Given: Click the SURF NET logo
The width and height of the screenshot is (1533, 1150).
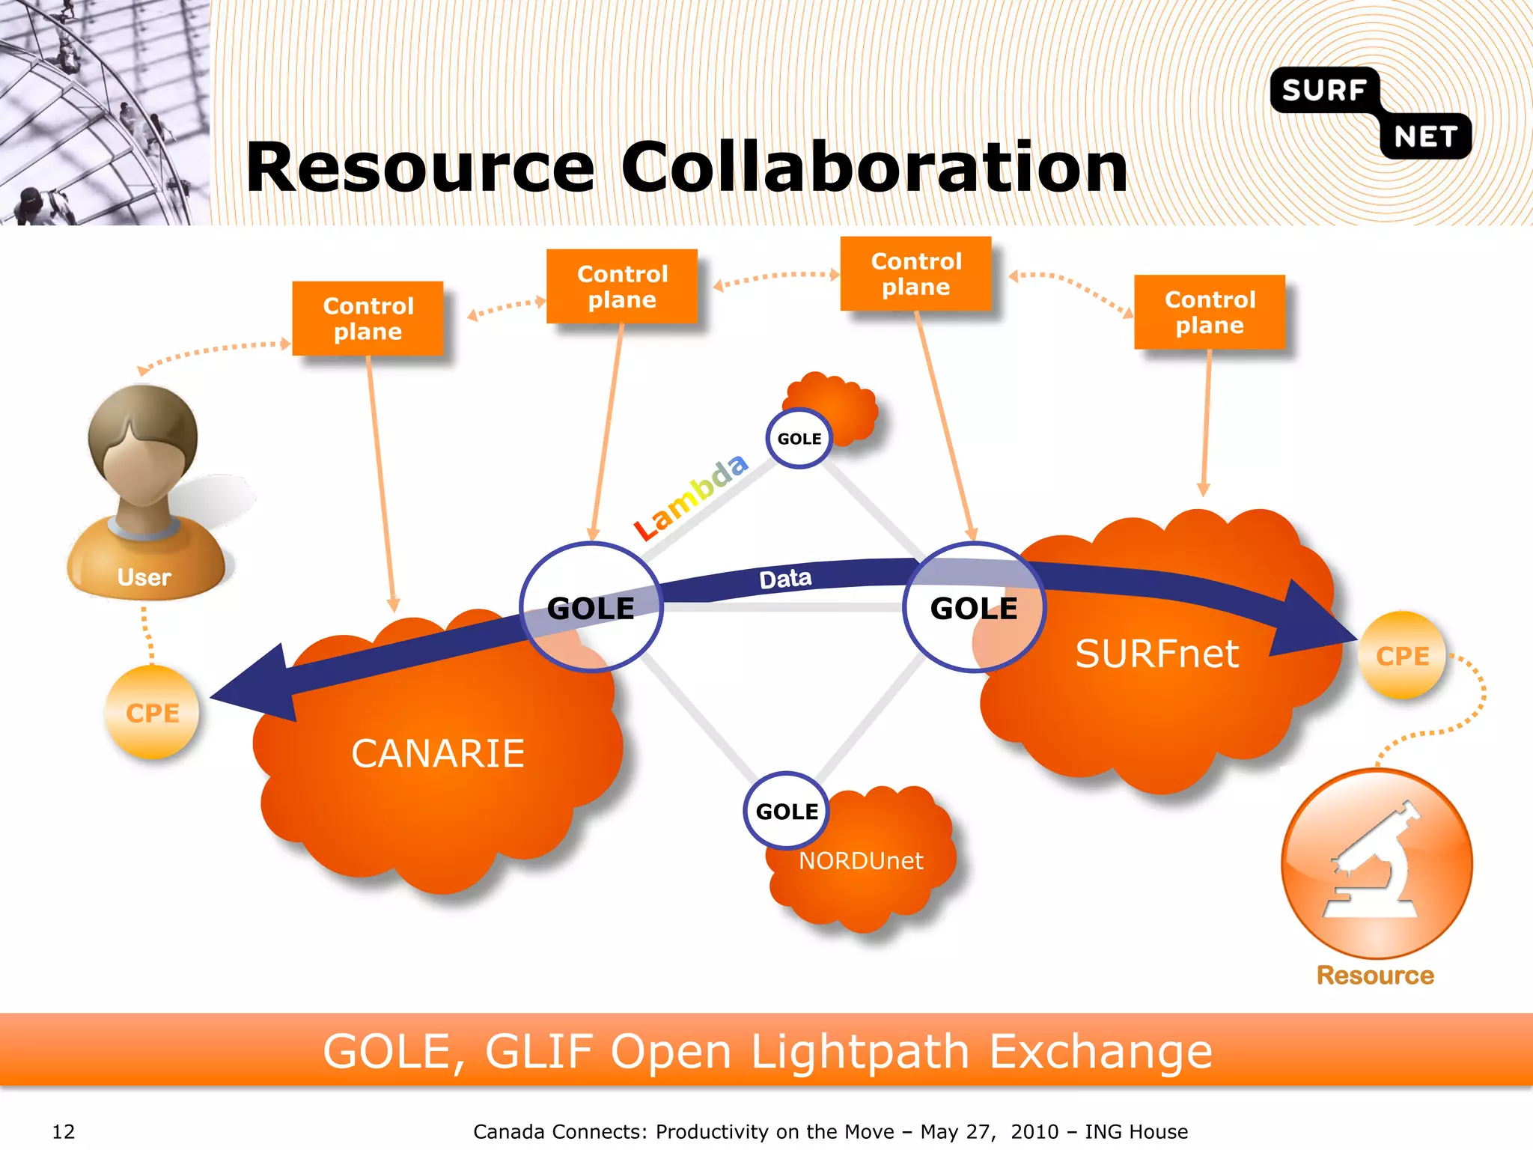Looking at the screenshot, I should [1371, 112].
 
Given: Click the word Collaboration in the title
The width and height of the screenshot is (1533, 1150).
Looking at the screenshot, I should [874, 168].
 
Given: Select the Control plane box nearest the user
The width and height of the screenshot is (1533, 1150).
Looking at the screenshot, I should [368, 318].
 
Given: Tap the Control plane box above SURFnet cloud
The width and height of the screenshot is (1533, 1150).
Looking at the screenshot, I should [1210, 311].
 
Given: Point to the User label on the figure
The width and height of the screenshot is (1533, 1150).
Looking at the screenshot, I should [144, 577].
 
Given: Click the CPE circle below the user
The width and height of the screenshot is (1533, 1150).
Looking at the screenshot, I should [153, 713].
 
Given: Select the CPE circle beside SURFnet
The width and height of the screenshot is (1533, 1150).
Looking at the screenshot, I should [1402, 656].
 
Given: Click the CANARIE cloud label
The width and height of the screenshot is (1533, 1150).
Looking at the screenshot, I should [438, 753].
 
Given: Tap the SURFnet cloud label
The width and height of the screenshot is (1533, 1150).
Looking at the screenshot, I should [1156, 654].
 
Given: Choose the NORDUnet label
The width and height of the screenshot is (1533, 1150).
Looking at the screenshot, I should [861, 861].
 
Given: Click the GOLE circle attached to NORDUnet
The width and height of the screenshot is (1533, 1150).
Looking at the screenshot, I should [787, 811].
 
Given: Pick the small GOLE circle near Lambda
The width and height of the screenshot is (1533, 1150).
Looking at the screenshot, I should [799, 439].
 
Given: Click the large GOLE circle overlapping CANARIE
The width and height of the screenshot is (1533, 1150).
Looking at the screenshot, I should [591, 607].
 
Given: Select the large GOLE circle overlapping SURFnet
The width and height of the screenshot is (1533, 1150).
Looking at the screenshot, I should [973, 607].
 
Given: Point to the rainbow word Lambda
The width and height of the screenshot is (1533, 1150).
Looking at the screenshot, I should [690, 496].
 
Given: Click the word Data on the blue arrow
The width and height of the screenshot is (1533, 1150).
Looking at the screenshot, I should [785, 579].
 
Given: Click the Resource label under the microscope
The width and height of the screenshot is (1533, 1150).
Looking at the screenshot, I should [1375, 975].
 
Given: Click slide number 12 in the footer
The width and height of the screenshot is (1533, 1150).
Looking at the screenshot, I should [64, 1131].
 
